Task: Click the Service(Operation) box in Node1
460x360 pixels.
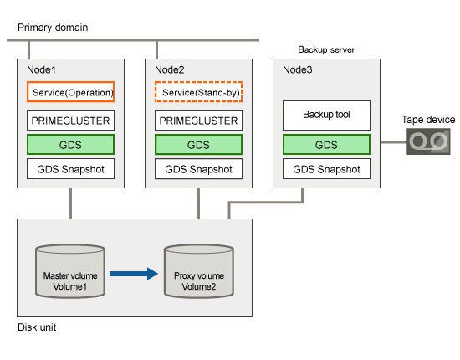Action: (71, 92)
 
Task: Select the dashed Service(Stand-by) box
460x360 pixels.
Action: (198, 92)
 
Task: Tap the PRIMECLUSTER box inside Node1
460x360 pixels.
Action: (71, 120)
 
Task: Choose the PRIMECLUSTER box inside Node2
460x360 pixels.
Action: (198, 120)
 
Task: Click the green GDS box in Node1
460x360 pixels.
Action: (71, 145)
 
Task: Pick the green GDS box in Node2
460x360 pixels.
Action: (198, 145)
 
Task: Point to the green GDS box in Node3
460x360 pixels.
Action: (326, 145)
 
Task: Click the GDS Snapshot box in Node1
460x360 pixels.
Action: (71, 169)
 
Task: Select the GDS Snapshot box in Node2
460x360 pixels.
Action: (198, 169)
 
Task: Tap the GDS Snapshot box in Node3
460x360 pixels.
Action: (326, 169)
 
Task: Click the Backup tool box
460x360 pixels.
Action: (326, 116)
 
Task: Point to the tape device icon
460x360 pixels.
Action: (428, 141)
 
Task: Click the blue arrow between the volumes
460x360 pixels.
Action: (134, 274)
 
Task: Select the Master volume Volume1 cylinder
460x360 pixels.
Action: (70, 271)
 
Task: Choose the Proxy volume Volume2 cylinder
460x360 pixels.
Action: (199, 271)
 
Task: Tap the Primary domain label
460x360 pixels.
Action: (53, 28)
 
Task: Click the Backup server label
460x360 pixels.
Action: (326, 49)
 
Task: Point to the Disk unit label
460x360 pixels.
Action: (37, 327)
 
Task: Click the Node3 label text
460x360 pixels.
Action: (298, 69)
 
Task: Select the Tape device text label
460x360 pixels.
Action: (428, 120)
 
